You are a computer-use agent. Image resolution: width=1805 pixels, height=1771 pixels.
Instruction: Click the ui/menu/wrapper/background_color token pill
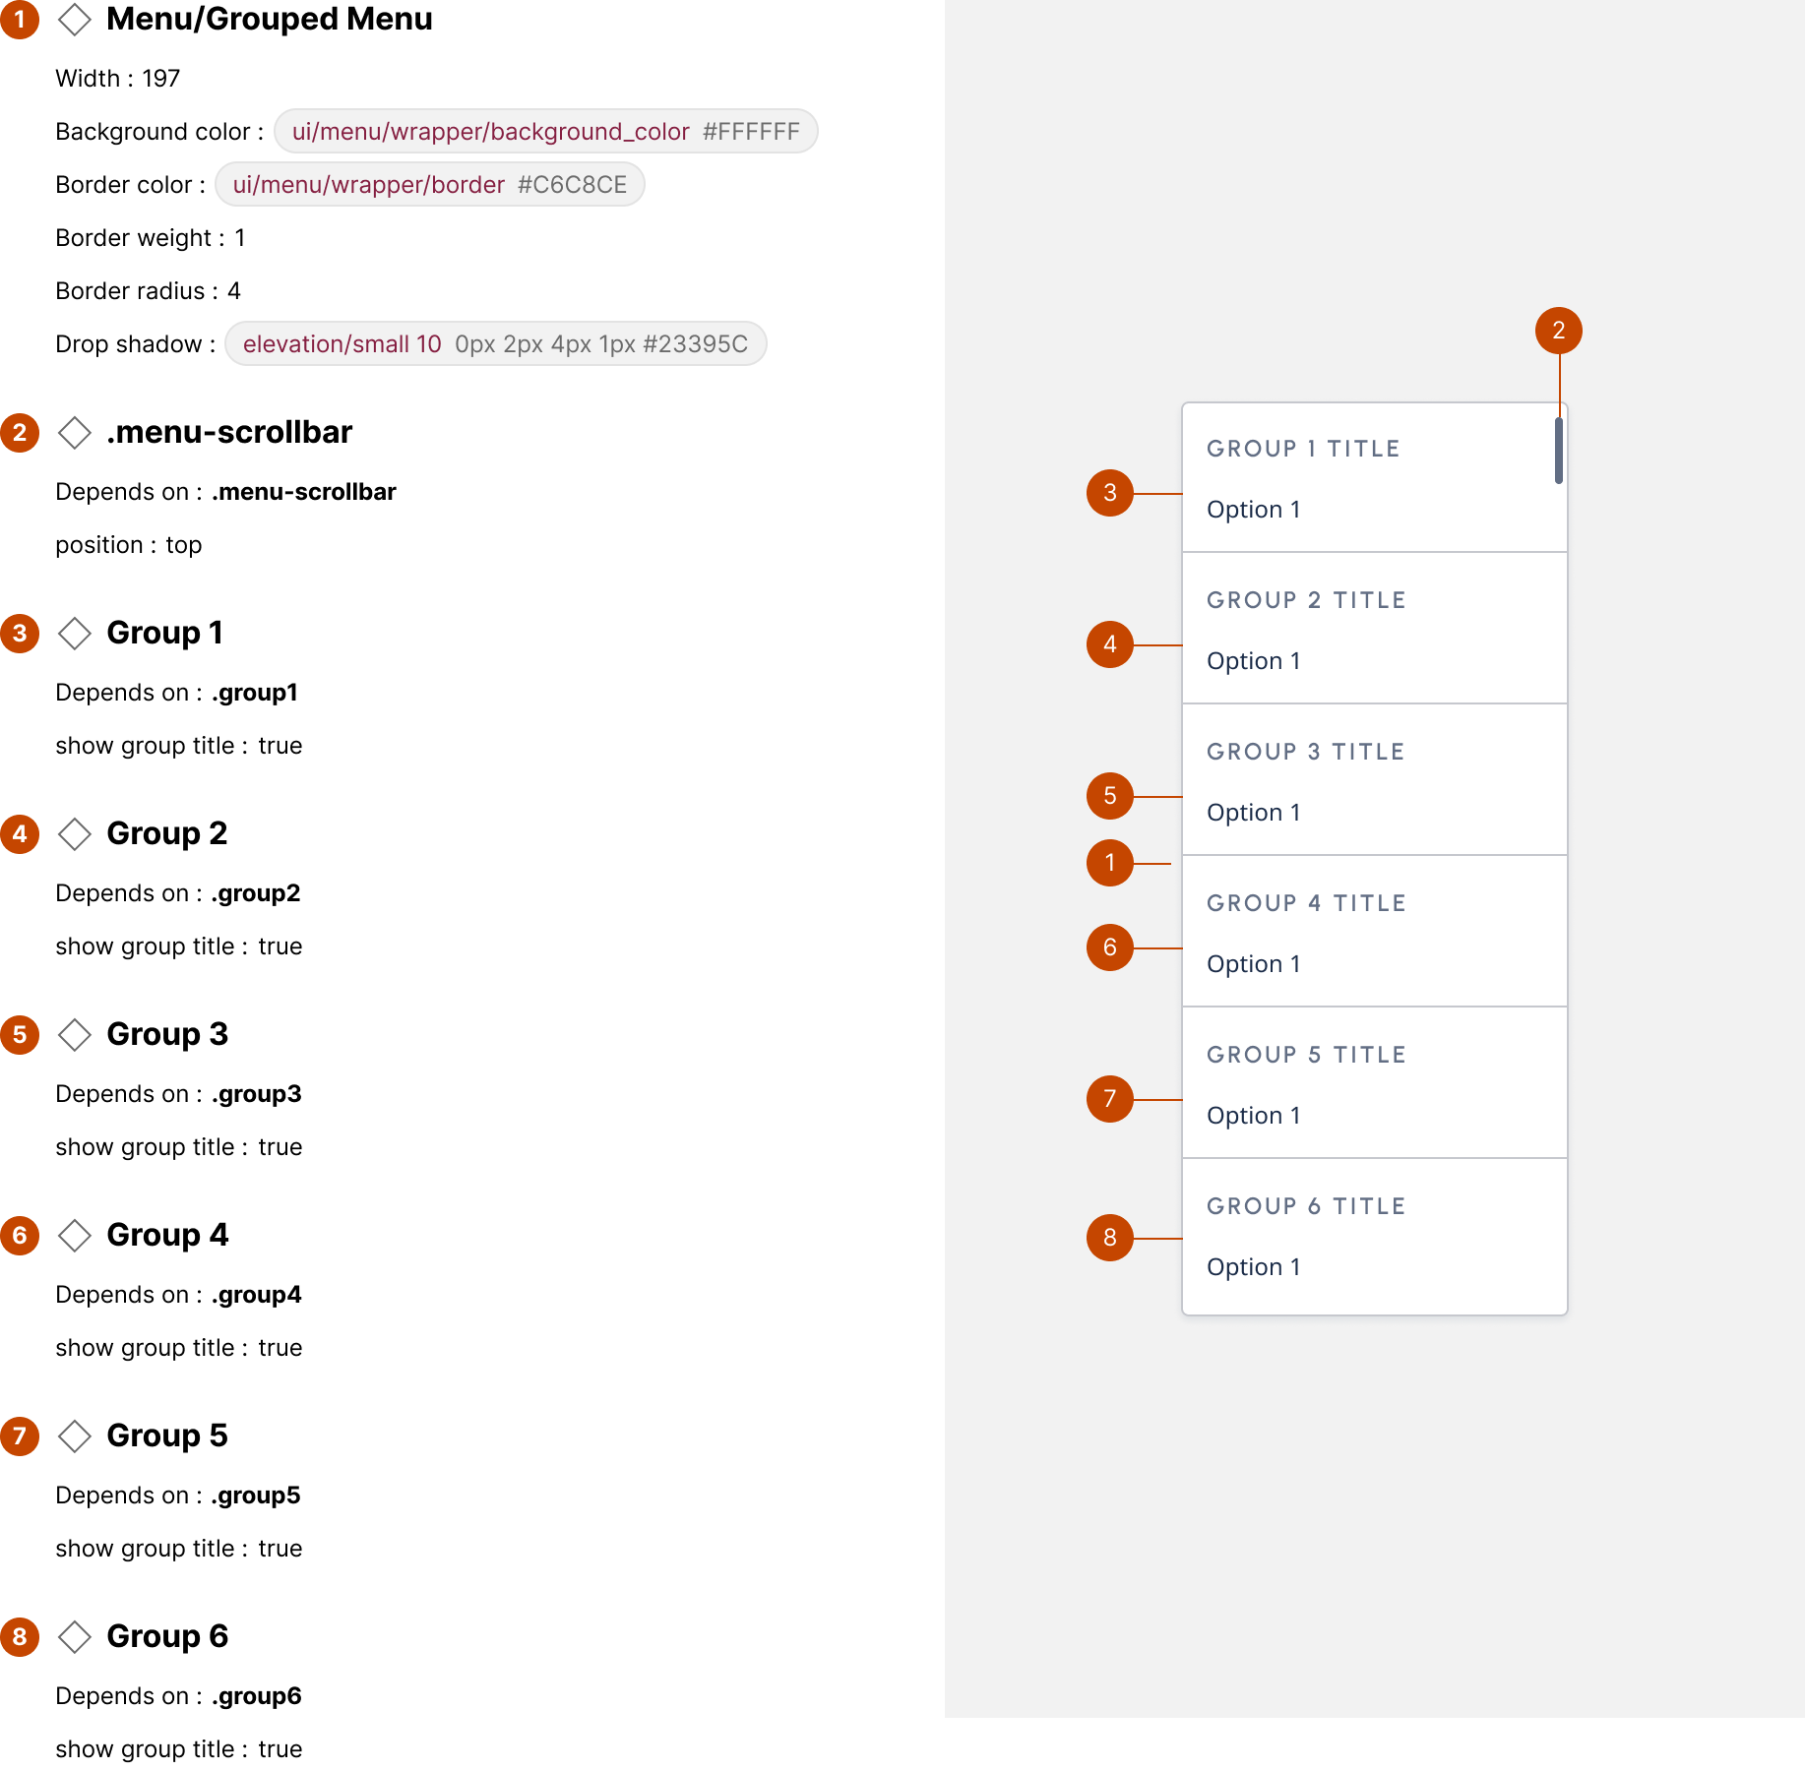545,131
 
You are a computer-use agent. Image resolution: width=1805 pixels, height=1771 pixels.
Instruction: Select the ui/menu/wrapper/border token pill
429,184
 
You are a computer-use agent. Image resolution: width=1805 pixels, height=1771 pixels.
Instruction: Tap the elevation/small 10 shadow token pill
495,343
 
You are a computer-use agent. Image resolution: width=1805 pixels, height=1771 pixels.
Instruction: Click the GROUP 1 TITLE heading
1303,449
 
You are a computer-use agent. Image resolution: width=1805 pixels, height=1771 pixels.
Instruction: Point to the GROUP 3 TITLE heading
1305,752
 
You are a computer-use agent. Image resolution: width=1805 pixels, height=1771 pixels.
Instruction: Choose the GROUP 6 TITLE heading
1306,1206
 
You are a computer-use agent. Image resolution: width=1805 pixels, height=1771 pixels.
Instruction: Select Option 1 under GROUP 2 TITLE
1253,661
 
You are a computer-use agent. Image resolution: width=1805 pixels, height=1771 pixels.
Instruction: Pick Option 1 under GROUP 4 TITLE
1253,964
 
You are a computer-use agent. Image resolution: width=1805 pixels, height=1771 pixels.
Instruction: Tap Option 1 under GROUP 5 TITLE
1253,1116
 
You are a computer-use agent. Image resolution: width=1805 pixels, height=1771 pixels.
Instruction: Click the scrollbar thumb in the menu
1559,451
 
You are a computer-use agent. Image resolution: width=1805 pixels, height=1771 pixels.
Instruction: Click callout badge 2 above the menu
1559,331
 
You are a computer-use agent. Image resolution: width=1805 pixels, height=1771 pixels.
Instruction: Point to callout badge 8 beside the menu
1110,1238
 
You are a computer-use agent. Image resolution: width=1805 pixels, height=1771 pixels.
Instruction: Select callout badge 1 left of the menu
1110,863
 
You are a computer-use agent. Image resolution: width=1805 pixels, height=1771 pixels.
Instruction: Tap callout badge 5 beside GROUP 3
1110,796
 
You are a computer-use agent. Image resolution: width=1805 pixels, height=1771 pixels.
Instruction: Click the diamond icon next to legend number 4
75,834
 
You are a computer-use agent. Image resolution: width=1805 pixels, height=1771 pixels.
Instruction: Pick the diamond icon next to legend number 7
75,1436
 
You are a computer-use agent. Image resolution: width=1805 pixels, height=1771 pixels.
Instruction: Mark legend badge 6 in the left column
20,1236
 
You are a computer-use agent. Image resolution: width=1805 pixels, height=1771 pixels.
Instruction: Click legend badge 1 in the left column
20,20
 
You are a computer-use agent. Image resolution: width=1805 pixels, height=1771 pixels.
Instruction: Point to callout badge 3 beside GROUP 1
1110,493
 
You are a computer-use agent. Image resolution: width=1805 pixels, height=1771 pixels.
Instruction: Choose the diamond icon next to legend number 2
75,433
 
